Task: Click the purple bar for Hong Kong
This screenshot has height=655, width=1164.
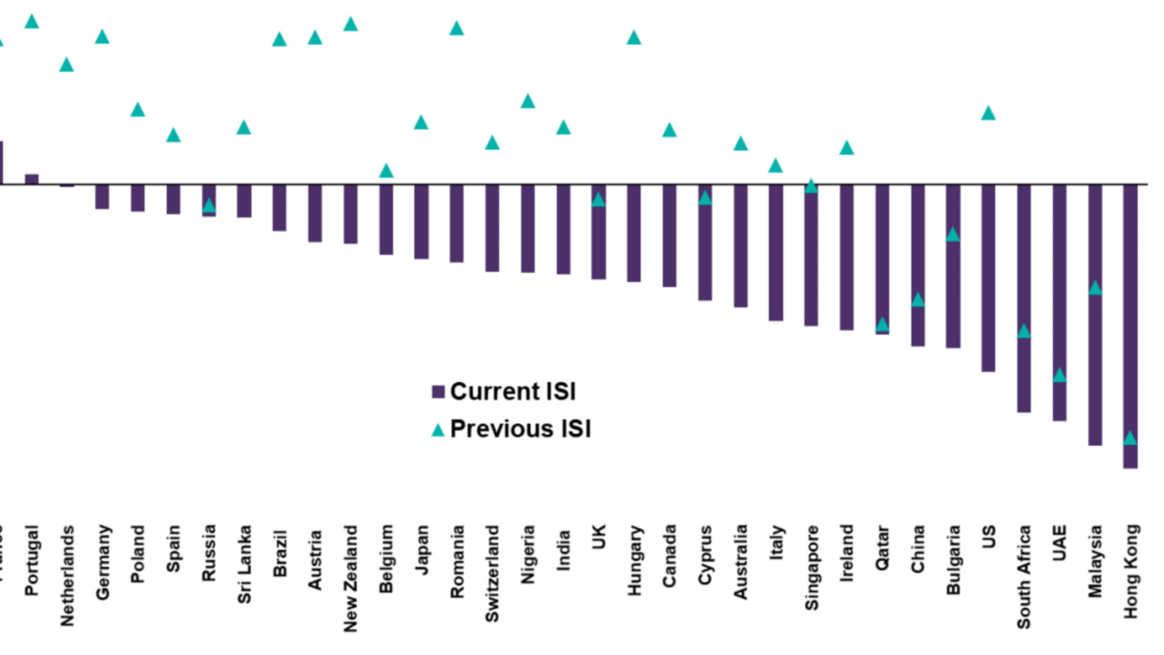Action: tap(1130, 327)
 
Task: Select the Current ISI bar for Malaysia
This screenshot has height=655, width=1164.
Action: tap(1095, 315)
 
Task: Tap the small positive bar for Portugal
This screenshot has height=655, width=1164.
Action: tap(32, 179)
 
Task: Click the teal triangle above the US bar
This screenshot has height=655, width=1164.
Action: tap(988, 113)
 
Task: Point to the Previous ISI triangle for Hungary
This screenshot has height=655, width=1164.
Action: tap(634, 38)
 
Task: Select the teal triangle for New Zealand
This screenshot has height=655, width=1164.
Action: tap(350, 24)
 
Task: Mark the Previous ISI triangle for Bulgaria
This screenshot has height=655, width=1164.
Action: tap(953, 235)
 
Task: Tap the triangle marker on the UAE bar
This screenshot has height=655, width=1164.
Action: tap(1059, 375)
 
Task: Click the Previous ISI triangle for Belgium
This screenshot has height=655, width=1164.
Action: tap(386, 171)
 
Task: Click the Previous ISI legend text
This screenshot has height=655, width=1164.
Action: tap(520, 429)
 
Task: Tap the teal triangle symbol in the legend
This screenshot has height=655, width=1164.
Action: tap(438, 431)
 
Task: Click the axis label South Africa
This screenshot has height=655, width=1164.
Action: tap(1024, 576)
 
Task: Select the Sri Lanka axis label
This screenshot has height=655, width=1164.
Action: tap(244, 564)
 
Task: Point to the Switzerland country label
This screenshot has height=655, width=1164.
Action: tap(492, 573)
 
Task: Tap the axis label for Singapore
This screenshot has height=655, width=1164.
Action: tap(811, 567)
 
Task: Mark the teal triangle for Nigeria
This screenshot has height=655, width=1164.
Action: tap(528, 101)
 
